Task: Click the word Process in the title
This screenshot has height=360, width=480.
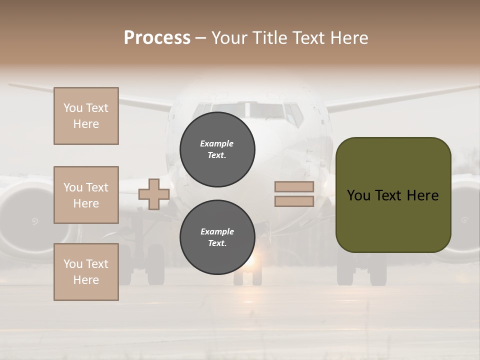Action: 157,38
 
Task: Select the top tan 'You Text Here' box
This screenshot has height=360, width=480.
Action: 86,116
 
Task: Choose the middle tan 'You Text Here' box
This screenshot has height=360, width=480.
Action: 86,195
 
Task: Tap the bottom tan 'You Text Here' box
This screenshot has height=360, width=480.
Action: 86,272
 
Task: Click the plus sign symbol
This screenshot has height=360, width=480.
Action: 154,193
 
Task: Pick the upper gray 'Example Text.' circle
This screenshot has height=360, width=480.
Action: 217,149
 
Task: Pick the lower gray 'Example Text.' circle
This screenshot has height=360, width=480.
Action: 217,237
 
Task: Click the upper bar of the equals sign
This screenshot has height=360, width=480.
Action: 294,187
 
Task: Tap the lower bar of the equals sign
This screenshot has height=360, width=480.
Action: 294,201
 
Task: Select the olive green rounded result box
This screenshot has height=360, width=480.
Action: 393,195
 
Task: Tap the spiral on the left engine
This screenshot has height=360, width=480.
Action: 34,220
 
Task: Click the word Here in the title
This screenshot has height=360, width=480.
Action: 349,38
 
